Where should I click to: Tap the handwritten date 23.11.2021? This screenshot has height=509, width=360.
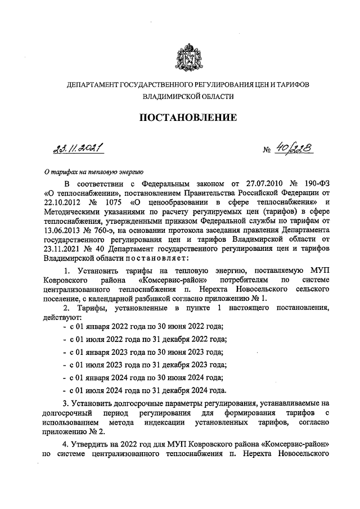(x=78, y=148)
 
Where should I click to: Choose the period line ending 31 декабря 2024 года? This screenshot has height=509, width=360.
(x=148, y=390)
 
